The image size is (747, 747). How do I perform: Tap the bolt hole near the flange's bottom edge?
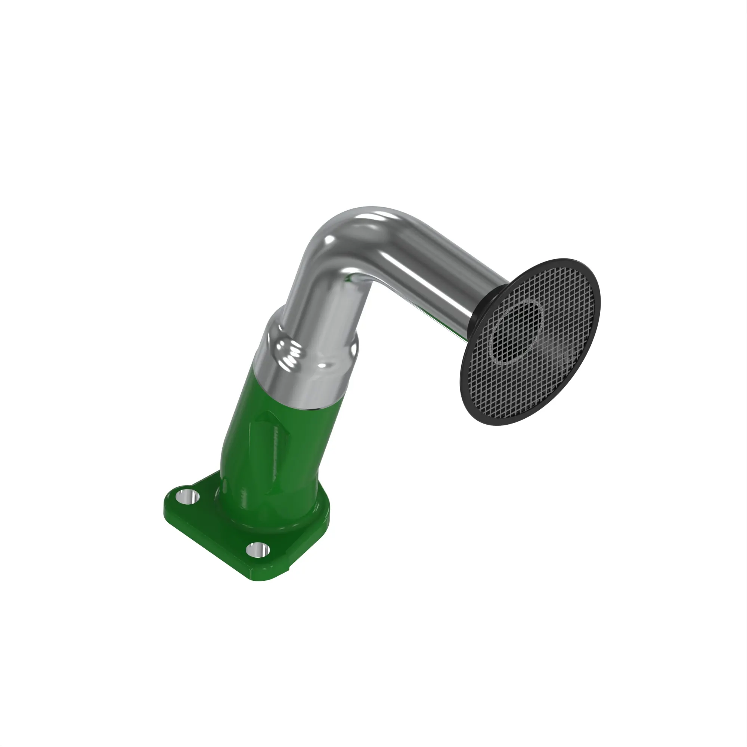(x=258, y=550)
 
